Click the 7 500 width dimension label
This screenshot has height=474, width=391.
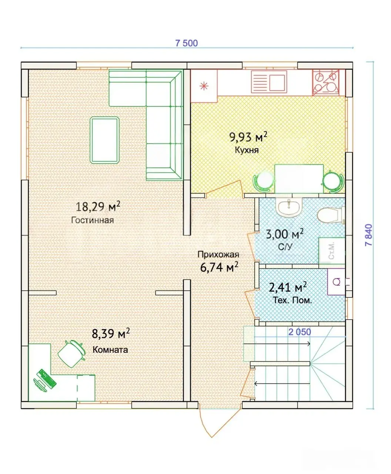click(x=186, y=43)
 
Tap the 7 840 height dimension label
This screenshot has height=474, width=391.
click(x=369, y=235)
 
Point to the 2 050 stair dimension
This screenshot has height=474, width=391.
click(x=300, y=332)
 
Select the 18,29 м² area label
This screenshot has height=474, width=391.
click(x=98, y=206)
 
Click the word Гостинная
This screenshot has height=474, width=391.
click(x=93, y=220)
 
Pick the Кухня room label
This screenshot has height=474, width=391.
click(x=247, y=150)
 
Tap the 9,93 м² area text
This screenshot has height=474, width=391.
click(x=248, y=137)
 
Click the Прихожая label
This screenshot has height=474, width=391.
click(x=218, y=254)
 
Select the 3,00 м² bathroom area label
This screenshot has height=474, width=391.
click(x=284, y=234)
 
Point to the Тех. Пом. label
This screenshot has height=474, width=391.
click(x=293, y=300)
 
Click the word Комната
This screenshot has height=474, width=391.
click(x=110, y=350)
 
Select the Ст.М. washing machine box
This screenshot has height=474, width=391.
click(x=332, y=251)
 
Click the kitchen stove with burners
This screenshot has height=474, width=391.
click(x=325, y=83)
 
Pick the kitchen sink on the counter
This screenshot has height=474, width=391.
click(x=269, y=81)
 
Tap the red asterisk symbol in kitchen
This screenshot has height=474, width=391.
click(x=204, y=86)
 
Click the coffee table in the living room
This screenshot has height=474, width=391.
click(x=104, y=140)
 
